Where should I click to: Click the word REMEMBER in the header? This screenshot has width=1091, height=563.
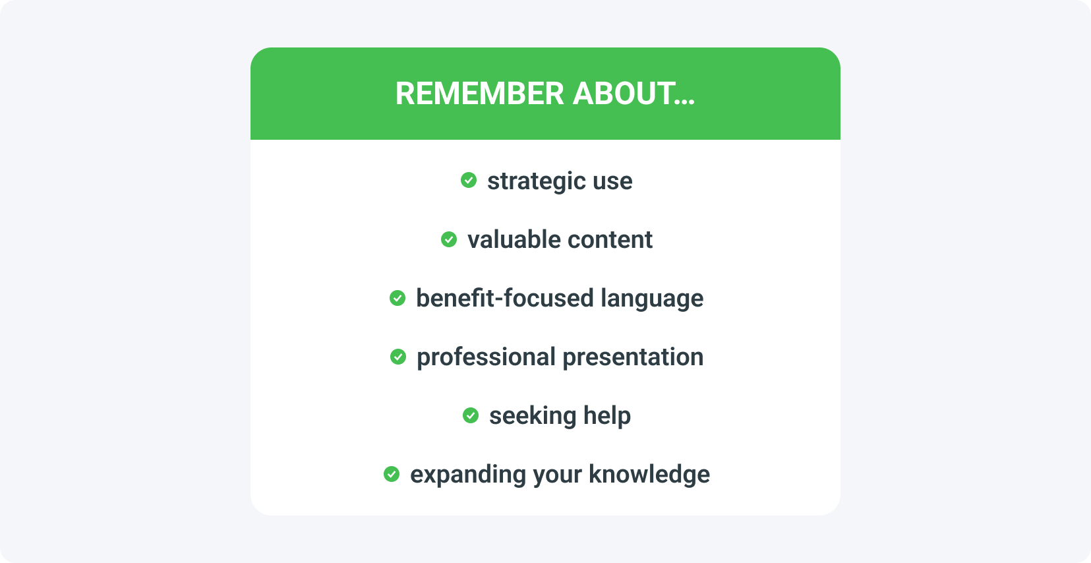[x=479, y=94]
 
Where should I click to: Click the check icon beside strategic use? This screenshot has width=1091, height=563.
[x=469, y=180]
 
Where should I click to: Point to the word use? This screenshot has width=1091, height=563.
[x=612, y=182]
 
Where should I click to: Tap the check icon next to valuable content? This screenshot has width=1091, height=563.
[x=448, y=239]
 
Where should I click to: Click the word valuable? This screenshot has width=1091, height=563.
[x=514, y=239]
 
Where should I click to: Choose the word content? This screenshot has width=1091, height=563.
[x=610, y=240]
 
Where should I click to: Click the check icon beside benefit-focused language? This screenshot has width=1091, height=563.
[x=398, y=298]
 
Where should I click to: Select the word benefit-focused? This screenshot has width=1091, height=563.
[x=504, y=298]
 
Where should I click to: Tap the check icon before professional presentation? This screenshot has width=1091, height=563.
[x=398, y=357]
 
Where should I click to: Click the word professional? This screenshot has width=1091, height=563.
[x=486, y=358]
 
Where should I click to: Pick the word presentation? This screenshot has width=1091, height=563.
[x=633, y=358]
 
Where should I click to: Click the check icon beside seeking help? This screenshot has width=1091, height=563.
[x=471, y=415]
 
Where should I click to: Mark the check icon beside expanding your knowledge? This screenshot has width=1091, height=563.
[x=391, y=474]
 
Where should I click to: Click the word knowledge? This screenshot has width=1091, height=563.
[x=649, y=475]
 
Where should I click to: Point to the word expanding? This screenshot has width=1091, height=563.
[x=468, y=475]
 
